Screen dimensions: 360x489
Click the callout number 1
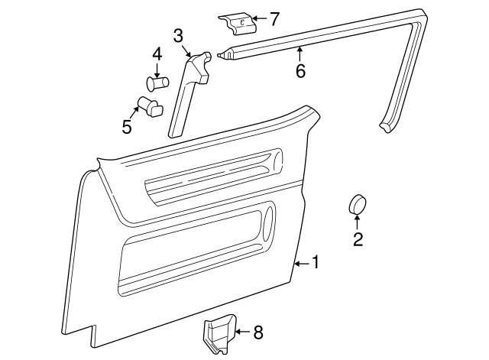pos(314,262)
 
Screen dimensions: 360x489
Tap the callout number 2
pos(358,239)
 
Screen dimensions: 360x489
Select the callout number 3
pos(178,35)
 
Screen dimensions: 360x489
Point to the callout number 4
pos(157,54)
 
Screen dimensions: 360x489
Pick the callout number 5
pos(127,126)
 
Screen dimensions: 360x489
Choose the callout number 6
pos(300,71)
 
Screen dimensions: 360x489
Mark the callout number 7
pos(275,17)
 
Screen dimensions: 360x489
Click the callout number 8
pos(257,332)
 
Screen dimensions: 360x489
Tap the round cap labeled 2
pos(358,204)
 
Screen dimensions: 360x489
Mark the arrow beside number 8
pos(242,332)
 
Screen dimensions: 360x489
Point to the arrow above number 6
pos(300,54)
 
